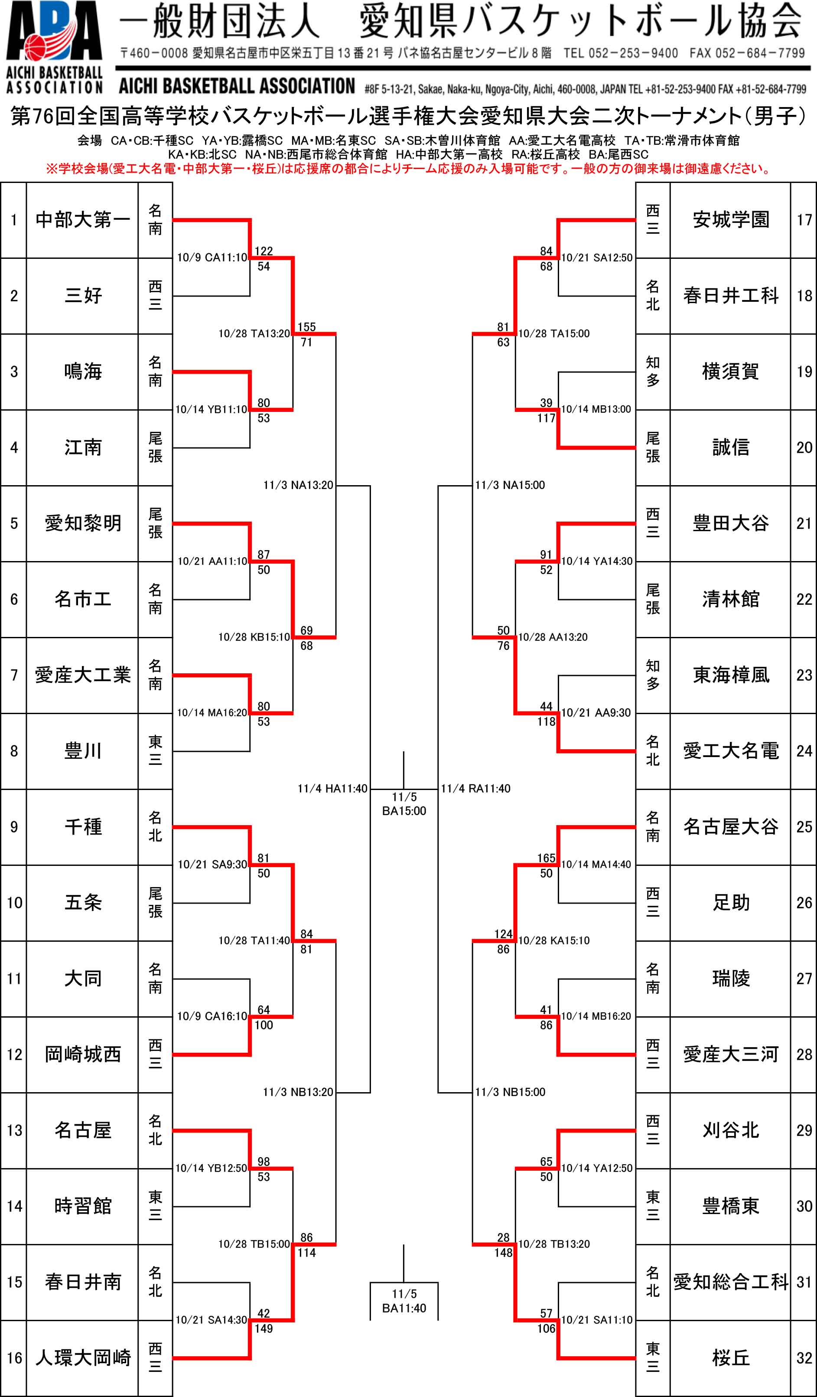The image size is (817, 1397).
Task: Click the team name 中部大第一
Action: point(83,220)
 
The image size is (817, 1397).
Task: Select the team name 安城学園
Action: point(731,220)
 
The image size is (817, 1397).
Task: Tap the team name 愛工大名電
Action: point(731,751)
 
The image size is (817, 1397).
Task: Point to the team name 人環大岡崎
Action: point(83,1358)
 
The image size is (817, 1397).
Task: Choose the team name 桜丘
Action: point(731,1358)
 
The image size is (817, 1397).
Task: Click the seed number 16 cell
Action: point(14,1358)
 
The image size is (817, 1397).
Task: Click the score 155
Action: point(306,327)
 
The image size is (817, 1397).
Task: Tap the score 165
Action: point(546,858)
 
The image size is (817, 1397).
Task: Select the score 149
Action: point(264,1328)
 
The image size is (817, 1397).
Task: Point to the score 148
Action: point(503,1252)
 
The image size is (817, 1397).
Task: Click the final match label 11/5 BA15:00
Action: point(404,804)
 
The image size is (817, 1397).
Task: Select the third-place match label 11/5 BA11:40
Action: point(404,1301)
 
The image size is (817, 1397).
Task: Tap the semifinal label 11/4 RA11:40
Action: point(475,788)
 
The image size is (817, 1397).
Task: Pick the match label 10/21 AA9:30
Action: point(596,712)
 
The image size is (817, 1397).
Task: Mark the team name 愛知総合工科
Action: point(731,1282)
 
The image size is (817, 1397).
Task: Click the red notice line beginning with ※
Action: point(408,169)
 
